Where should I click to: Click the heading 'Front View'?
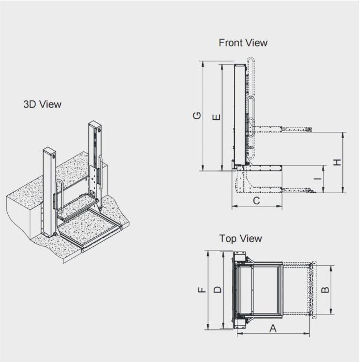tap(243, 42)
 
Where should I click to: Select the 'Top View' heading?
tap(240, 238)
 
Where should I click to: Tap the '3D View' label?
tap(43, 104)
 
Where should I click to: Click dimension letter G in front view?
tap(197, 116)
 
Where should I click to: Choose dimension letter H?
tap(337, 162)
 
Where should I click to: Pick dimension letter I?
tap(317, 179)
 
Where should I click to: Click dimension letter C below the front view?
tap(256, 201)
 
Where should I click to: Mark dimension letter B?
tap(326, 289)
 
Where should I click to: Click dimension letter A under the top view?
tap(272, 329)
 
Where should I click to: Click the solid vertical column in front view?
tap(240, 116)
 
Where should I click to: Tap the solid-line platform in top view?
tap(258, 290)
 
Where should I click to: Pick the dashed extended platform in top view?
tap(298, 290)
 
